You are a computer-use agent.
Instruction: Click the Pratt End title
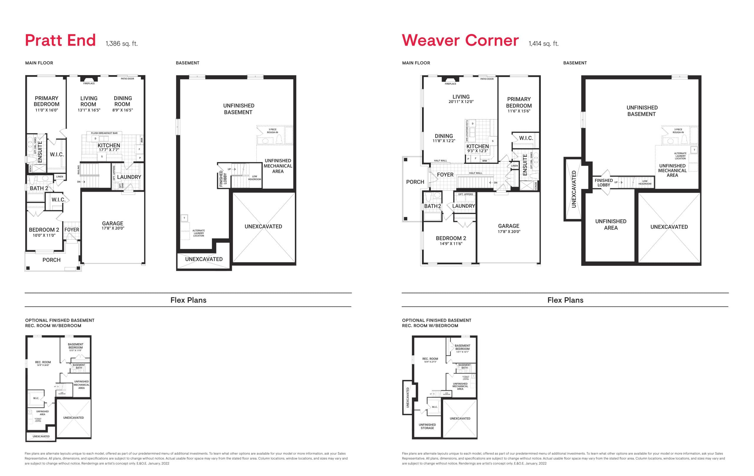60,40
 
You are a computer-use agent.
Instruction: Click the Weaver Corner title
460,40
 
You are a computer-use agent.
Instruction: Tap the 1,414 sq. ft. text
543,44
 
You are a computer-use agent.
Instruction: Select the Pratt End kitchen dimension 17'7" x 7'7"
109,150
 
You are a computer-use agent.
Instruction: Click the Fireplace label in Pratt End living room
89,84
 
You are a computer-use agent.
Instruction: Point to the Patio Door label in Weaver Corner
487,79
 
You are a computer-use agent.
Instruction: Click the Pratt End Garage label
113,223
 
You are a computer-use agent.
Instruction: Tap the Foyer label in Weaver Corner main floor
445,175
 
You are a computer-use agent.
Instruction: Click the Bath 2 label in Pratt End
39,188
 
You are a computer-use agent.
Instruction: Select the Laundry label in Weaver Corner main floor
463,206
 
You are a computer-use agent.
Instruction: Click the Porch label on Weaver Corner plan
415,182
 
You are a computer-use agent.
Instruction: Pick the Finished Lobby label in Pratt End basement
223,179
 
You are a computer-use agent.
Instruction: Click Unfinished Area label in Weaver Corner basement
611,224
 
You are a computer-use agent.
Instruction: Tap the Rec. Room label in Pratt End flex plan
43,362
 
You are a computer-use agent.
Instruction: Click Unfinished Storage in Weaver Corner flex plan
427,426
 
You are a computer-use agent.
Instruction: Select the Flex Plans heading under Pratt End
188,300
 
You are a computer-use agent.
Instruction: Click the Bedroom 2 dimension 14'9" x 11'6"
451,243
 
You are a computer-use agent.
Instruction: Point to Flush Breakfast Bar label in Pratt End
104,133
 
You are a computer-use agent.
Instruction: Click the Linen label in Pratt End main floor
59,177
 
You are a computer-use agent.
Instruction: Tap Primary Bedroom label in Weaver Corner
519,102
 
